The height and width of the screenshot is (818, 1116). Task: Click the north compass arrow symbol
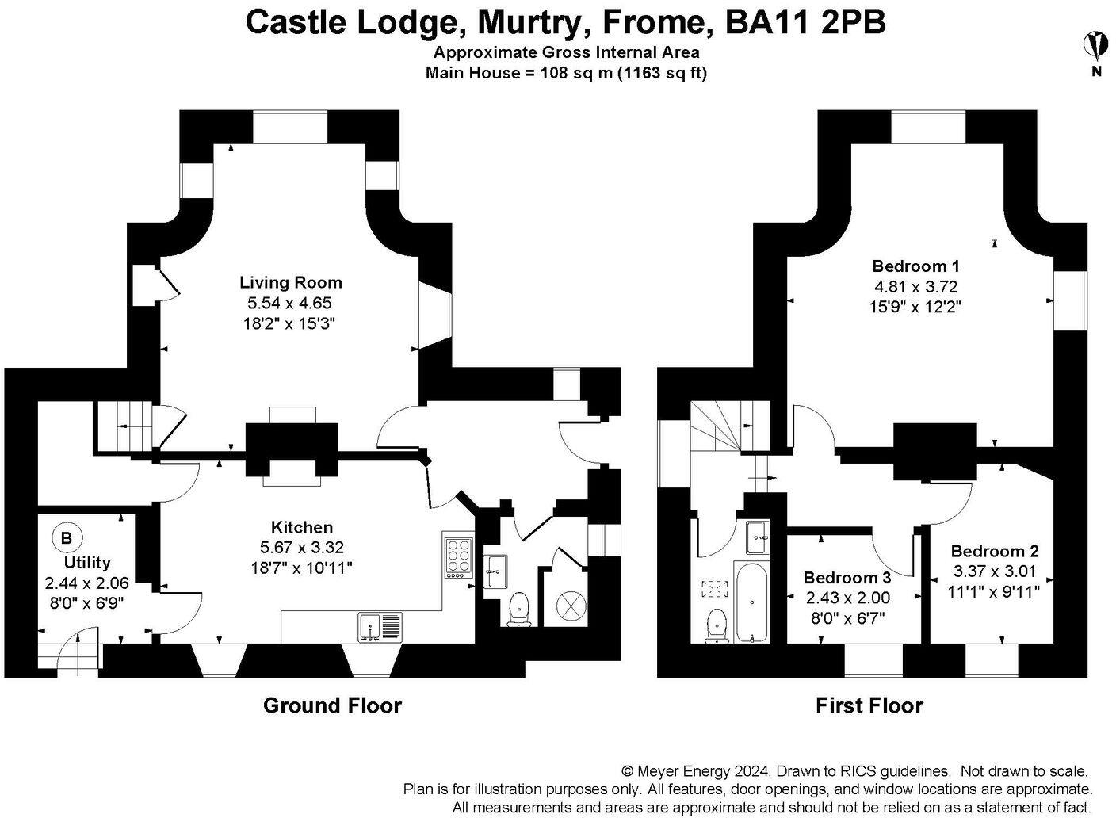(x=1096, y=45)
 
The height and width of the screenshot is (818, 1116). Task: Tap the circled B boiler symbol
(x=66, y=538)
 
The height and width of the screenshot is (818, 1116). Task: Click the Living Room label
(x=290, y=282)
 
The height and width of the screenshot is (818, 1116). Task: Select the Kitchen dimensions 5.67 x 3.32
(x=301, y=547)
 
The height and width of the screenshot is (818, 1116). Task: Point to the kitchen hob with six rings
(x=458, y=559)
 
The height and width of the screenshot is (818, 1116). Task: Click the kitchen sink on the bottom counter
(x=380, y=626)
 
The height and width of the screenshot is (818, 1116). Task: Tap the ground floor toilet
(x=519, y=609)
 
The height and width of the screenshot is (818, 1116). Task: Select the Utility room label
(x=87, y=563)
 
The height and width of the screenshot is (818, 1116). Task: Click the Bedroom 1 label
(x=920, y=266)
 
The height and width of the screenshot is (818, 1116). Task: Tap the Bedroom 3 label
(x=847, y=578)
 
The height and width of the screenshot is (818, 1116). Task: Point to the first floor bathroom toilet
(x=717, y=626)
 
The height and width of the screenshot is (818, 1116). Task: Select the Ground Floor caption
(x=332, y=705)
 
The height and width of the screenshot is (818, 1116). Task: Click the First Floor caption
(x=869, y=705)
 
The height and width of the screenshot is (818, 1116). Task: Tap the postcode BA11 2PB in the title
(x=805, y=21)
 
